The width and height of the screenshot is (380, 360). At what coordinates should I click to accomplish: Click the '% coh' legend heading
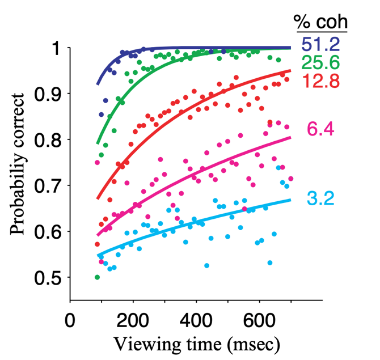tap(320, 22)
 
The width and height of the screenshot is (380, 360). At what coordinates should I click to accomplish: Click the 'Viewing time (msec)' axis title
tap(196, 344)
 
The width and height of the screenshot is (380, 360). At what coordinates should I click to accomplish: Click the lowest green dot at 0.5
tap(97, 277)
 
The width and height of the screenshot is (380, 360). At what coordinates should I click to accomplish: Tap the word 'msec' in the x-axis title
tap(252, 344)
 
